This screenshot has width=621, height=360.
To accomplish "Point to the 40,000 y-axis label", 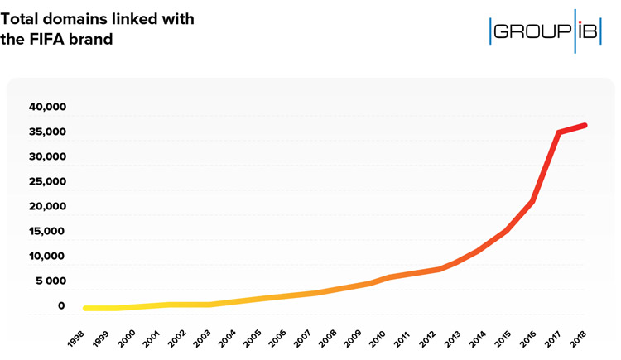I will click(x=47, y=108).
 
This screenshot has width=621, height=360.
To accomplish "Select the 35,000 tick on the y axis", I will click(x=47, y=132).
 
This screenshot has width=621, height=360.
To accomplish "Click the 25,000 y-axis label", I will click(x=47, y=182).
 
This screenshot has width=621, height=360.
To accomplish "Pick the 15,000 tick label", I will click(x=47, y=232).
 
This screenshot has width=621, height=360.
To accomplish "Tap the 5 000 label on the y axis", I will click(x=49, y=281).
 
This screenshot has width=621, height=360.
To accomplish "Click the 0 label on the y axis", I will click(x=61, y=306).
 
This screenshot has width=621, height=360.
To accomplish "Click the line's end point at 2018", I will click(x=585, y=125).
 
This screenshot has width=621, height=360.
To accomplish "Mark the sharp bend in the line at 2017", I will click(x=560, y=132).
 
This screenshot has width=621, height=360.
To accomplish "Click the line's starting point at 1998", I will click(x=86, y=308).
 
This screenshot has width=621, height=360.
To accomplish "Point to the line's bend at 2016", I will click(x=532, y=201).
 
